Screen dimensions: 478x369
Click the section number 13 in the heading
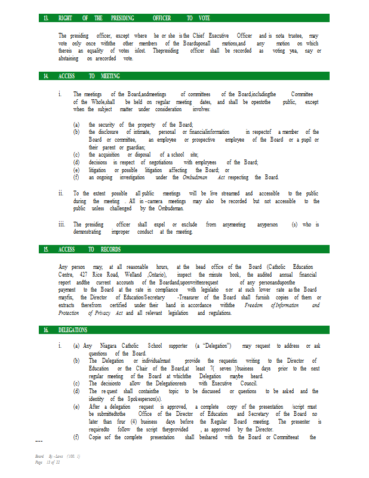point(46,19)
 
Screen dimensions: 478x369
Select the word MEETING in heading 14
point(110,76)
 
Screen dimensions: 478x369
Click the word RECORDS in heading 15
point(110,249)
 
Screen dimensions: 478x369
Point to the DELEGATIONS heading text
point(73,330)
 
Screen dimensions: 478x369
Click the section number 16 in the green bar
point(46,330)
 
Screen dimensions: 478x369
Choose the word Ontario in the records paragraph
point(159,275)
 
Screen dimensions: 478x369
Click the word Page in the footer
point(39,462)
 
